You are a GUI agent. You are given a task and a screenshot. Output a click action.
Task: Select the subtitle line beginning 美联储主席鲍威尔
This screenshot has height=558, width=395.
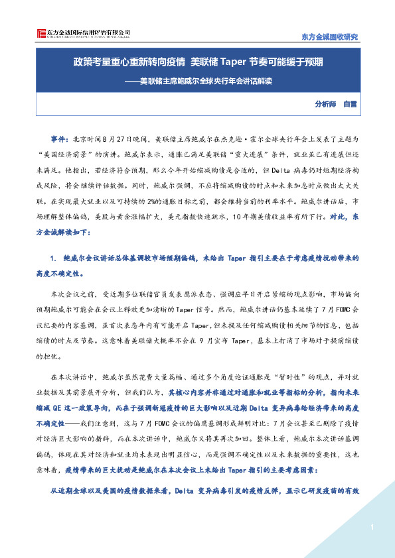(x=198, y=84)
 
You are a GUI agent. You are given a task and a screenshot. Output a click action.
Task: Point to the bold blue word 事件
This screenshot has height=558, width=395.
(x=58, y=140)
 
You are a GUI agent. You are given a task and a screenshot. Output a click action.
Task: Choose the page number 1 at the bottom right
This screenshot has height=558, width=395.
(x=373, y=527)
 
